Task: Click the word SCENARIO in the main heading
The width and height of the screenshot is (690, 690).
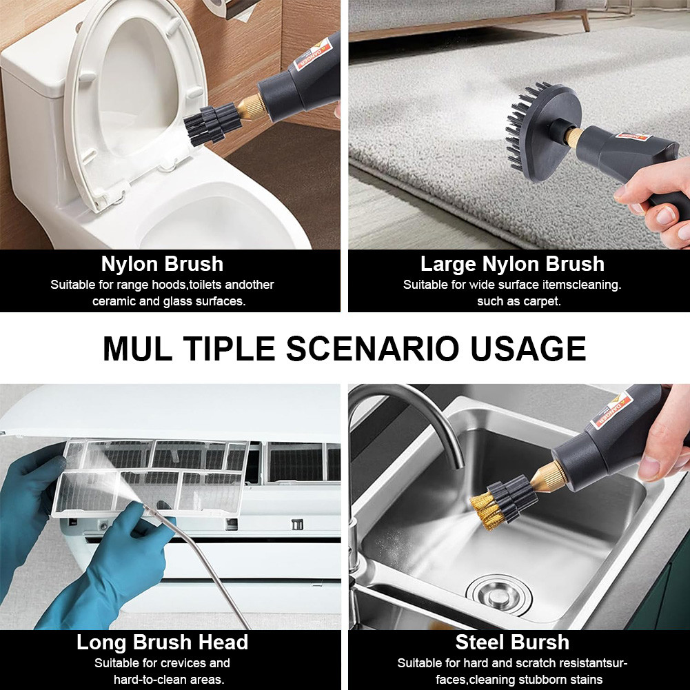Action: [x=373, y=349]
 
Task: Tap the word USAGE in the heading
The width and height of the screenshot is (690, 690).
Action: [x=528, y=349]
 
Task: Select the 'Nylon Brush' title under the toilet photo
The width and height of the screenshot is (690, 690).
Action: [x=163, y=264]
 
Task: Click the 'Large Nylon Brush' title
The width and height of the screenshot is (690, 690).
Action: [x=512, y=264]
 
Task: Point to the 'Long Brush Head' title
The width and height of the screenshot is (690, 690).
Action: [x=163, y=642]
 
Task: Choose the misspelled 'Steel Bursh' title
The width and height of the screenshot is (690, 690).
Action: [x=512, y=642]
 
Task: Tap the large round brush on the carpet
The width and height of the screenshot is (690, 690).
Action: [x=540, y=132]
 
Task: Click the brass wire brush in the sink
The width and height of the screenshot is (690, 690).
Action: [x=503, y=503]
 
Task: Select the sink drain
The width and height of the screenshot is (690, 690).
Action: [x=498, y=595]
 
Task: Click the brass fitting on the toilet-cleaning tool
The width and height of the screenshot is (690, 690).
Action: [x=252, y=106]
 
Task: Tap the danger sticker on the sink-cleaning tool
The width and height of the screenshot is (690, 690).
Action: [x=611, y=411]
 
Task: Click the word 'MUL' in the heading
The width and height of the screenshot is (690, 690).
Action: [x=137, y=349]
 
